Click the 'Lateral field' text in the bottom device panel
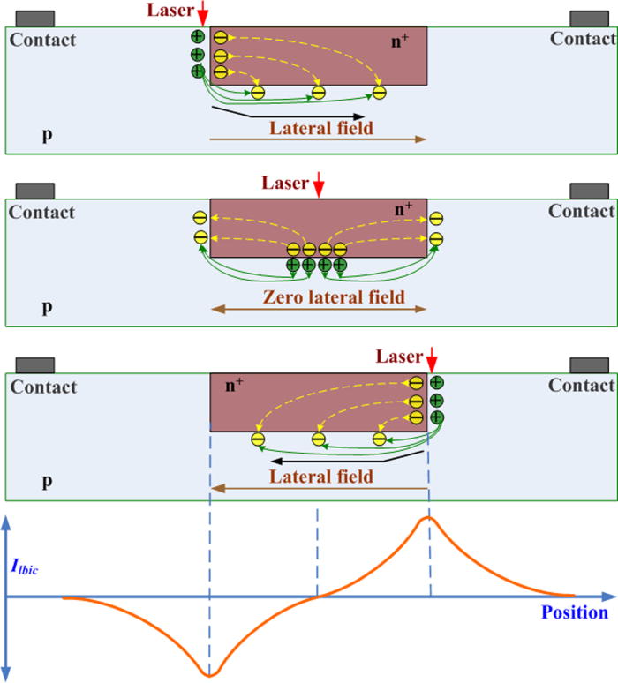click(320, 477)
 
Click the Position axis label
click(575, 612)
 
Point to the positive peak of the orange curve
click(428, 518)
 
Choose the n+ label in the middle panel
click(403, 209)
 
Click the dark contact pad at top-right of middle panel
click(589, 191)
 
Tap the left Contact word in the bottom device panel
click(41, 387)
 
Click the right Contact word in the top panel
click(583, 39)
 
